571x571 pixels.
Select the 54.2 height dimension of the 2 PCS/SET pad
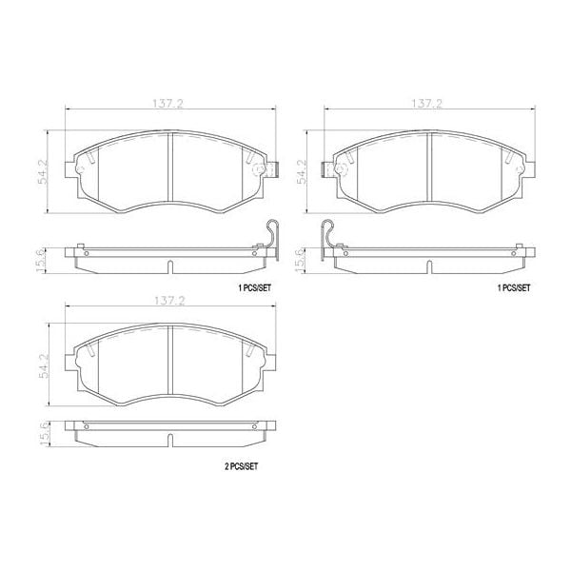click(44, 361)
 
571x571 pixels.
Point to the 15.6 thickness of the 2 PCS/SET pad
click(44, 432)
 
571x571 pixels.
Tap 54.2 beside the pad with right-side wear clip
click(44, 169)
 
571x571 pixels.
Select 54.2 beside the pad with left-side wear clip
click(303, 169)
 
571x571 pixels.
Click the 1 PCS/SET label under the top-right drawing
click(515, 286)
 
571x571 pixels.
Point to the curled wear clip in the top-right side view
click(329, 237)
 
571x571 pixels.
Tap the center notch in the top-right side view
click(430, 266)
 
